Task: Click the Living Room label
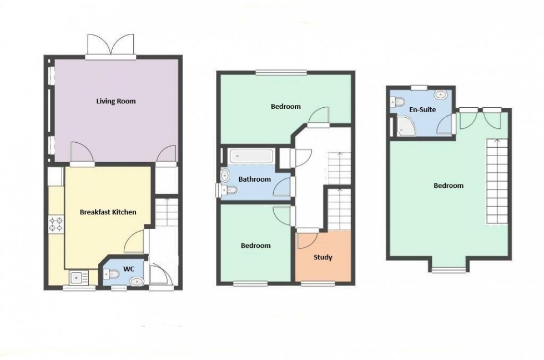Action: click(116, 101)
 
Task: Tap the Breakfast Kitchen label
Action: click(108, 212)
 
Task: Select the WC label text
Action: click(129, 269)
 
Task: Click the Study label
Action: click(323, 258)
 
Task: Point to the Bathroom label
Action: click(255, 179)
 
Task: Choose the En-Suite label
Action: click(422, 109)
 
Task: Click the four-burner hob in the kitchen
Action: click(56, 224)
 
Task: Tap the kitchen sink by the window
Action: click(79, 278)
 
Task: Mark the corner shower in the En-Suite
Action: click(406, 126)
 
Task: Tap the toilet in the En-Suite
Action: click(399, 102)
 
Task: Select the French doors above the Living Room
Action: click(110, 46)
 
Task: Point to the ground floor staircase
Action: click(167, 212)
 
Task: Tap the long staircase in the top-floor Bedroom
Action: click(497, 182)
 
